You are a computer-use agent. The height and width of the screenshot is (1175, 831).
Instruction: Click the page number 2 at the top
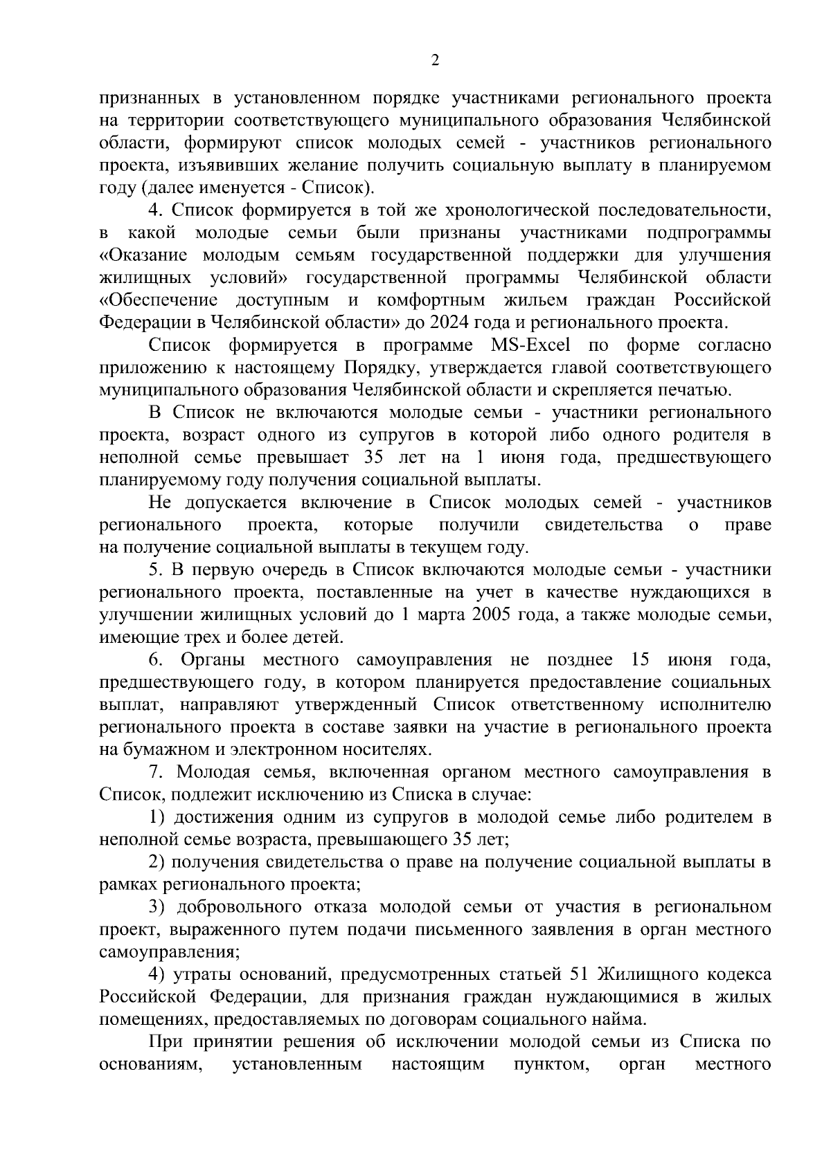click(434, 61)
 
